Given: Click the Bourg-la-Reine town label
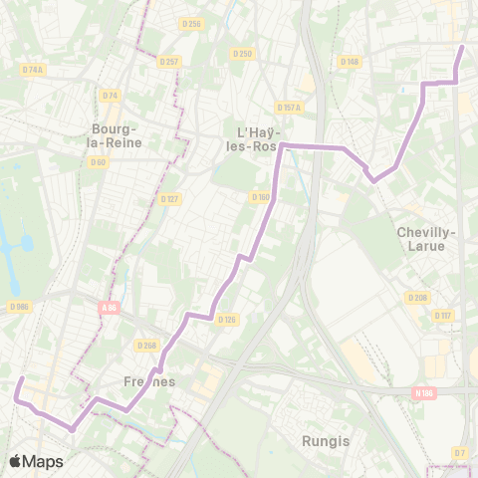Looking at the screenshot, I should (x=116, y=135).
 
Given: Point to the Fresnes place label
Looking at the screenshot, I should (x=149, y=381).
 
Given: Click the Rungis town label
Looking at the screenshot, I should (x=323, y=439).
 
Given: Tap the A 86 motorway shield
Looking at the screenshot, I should (x=109, y=308).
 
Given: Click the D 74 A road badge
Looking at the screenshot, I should (x=33, y=70).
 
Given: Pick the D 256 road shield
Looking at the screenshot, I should (x=192, y=24).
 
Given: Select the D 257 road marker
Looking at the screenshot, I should (x=169, y=61).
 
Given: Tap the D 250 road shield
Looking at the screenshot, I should (x=241, y=53).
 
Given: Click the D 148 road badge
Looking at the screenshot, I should (x=349, y=62).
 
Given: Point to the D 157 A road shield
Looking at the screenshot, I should (x=288, y=107).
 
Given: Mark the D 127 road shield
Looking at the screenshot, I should (x=169, y=198).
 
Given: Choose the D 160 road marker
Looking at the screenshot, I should (x=260, y=196).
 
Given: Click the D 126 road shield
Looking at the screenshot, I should (x=227, y=319).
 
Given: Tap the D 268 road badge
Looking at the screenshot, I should (x=146, y=346).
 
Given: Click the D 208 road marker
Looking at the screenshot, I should (x=415, y=297).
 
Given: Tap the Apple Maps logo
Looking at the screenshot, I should (x=36, y=461).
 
